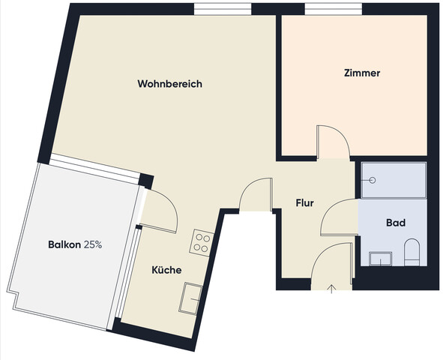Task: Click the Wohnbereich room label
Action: pyautogui.click(x=169, y=84)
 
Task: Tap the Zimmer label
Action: pyautogui.click(x=362, y=73)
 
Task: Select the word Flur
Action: pyautogui.click(x=304, y=202)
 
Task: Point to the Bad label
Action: pyautogui.click(x=395, y=223)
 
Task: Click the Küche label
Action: pyautogui.click(x=166, y=270)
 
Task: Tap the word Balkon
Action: pyautogui.click(x=64, y=244)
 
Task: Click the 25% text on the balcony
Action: pyautogui.click(x=93, y=244)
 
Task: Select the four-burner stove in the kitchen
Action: pyautogui.click(x=202, y=241)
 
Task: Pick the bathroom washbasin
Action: pyautogui.click(x=381, y=259)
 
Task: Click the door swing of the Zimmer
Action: pyautogui.click(x=331, y=142)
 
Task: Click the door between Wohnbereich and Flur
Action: pyautogui.click(x=255, y=195)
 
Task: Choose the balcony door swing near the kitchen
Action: pyautogui.click(x=160, y=211)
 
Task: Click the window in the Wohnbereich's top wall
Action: pyautogui.click(x=223, y=9)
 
